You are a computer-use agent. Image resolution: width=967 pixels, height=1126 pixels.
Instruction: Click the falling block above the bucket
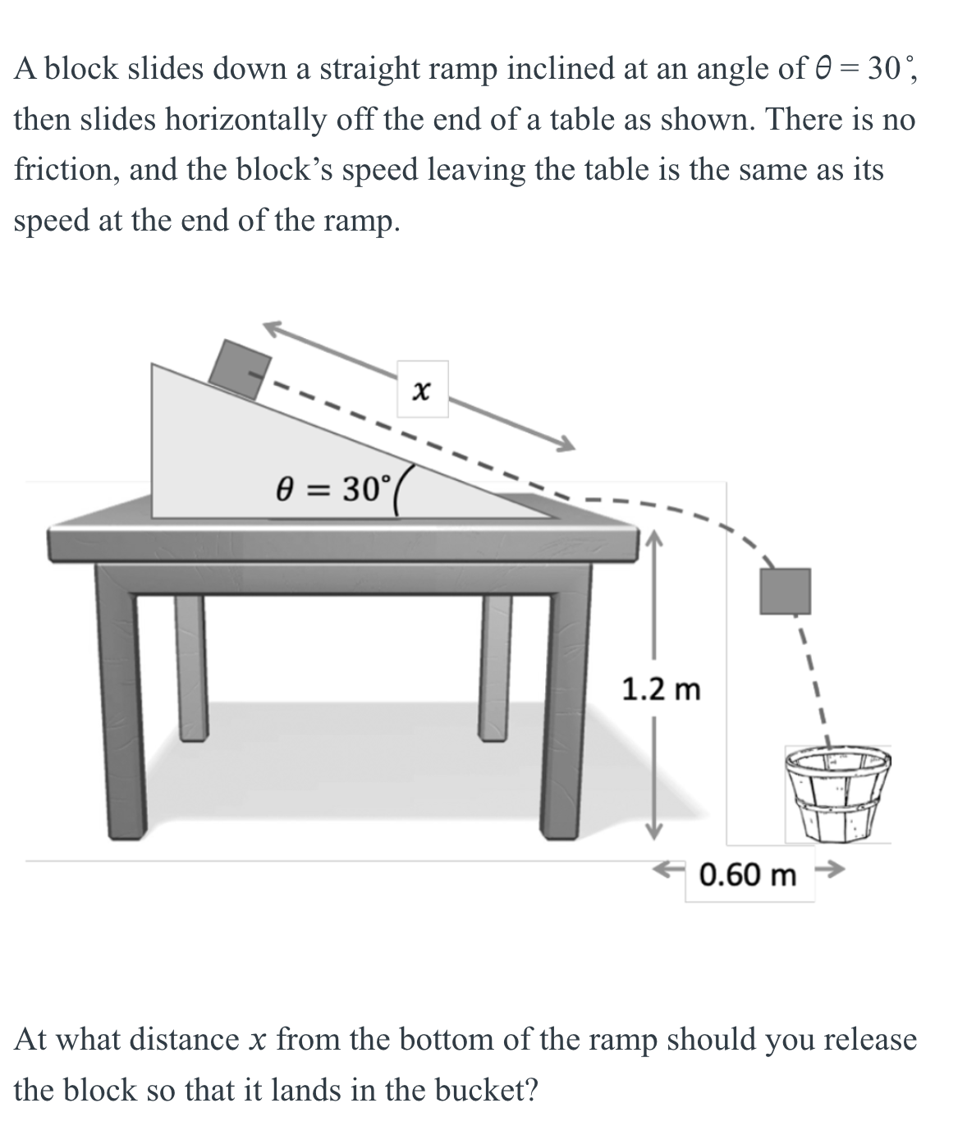(785, 591)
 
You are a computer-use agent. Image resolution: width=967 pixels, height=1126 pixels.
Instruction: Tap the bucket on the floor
(837, 794)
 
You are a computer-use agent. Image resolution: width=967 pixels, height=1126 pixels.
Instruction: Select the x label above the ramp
(422, 390)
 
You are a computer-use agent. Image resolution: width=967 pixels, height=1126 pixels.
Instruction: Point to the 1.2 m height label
(661, 689)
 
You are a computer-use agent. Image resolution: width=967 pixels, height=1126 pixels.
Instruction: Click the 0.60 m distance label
(748, 875)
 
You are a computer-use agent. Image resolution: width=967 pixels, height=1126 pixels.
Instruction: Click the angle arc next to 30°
(401, 496)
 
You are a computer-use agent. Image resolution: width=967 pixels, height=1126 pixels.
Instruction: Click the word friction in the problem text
(66, 170)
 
